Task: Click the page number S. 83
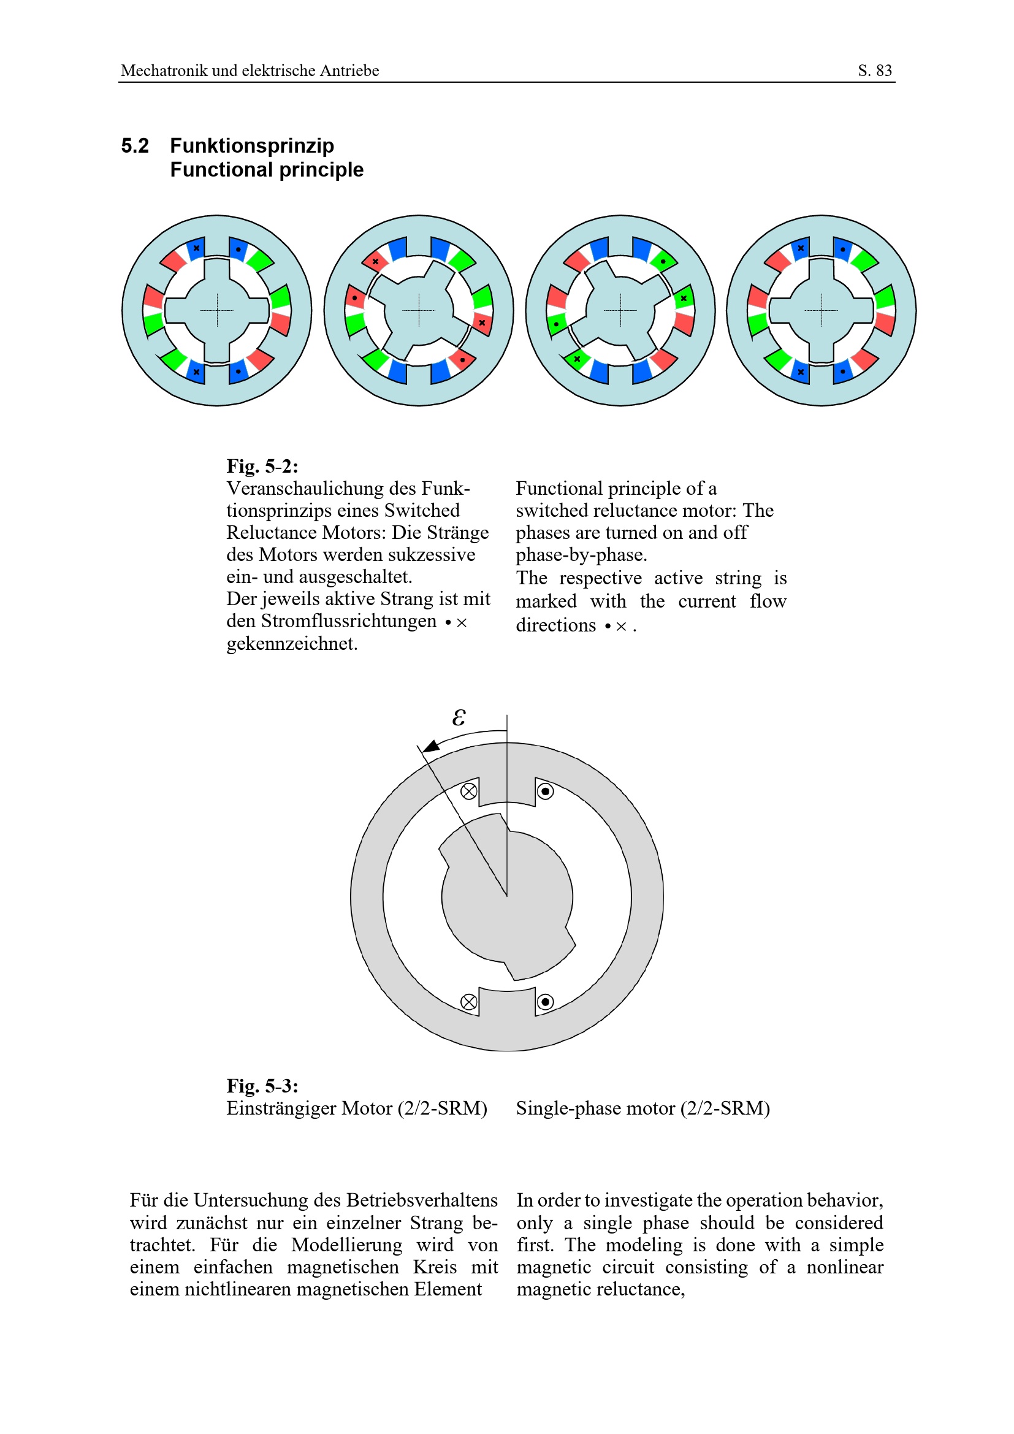[874, 71]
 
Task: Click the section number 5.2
[135, 146]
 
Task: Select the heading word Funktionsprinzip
[251, 146]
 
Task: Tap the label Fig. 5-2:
[262, 466]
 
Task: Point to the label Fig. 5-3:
[262, 1086]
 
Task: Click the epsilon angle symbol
[459, 718]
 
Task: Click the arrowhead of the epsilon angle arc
[431, 746]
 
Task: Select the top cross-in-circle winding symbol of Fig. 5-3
[468, 791]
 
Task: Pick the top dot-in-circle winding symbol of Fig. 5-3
[545, 791]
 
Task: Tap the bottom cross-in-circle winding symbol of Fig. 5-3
[468, 1002]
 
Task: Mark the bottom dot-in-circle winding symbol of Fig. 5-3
[545, 1002]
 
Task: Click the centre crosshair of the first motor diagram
[216, 310]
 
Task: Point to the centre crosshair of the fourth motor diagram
[821, 310]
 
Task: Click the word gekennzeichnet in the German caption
[291, 643]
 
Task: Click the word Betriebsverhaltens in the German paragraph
[421, 1200]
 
